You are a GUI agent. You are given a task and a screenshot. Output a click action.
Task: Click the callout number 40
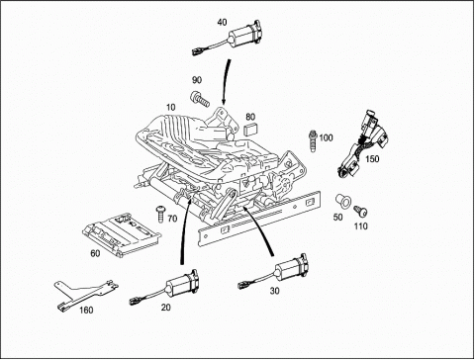[x=223, y=22]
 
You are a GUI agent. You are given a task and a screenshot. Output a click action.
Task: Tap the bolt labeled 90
[x=200, y=99]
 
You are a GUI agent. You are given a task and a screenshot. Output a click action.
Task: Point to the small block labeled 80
[x=250, y=129]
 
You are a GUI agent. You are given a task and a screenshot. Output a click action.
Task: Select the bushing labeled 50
[x=343, y=202]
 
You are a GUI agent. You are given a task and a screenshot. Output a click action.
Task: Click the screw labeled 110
[x=361, y=212]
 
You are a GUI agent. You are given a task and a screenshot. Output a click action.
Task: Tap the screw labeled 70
[x=161, y=214]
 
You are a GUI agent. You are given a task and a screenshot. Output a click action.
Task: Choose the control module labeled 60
[x=122, y=234]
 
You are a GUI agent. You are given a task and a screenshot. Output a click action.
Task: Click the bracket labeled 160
[x=85, y=293]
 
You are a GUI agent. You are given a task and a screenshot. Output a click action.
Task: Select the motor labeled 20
[x=167, y=288]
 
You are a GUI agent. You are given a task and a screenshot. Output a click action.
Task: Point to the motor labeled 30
[x=276, y=272]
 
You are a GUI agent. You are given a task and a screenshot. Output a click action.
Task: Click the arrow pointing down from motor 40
[x=227, y=82]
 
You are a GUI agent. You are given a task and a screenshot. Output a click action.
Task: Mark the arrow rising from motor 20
[x=184, y=231]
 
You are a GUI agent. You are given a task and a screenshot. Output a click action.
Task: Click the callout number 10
[x=171, y=107]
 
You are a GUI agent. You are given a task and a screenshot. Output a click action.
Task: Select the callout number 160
[x=86, y=310]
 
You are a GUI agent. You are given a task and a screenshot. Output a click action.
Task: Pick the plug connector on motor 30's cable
[x=243, y=284]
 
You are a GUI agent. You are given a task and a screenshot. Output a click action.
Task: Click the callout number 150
[x=372, y=159]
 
